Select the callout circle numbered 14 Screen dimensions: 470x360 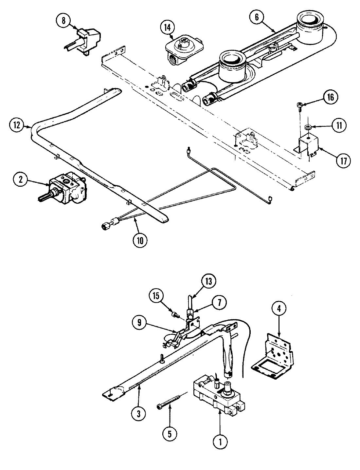click(167, 28)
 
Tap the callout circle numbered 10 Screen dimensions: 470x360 click(140, 240)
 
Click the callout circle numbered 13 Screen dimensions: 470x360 click(209, 281)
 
